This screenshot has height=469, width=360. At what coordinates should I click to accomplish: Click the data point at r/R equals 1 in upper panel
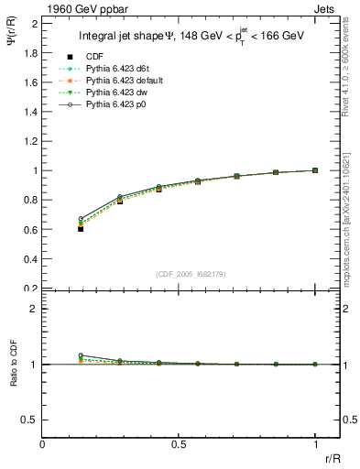click(x=315, y=170)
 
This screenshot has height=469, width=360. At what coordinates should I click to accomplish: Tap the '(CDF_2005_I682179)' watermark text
click(x=197, y=274)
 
